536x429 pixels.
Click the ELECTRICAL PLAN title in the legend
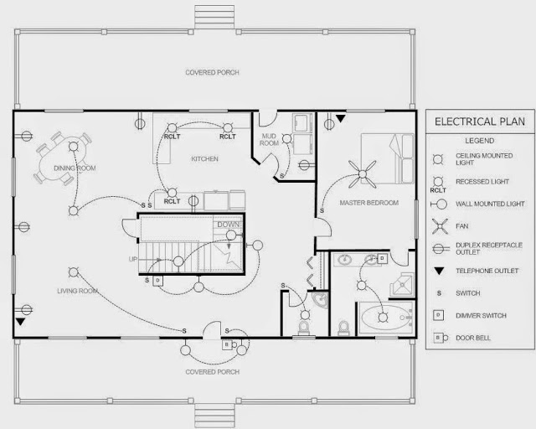[x=480, y=121]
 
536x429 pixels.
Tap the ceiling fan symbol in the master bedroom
[x=363, y=175]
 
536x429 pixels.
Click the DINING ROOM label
[x=75, y=168]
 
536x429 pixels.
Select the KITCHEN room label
[x=204, y=158]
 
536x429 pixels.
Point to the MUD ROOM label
[x=270, y=138]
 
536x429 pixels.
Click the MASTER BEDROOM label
[x=368, y=203]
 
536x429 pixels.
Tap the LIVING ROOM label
[x=78, y=291]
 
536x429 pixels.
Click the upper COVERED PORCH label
[x=212, y=73]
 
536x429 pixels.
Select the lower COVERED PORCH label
[x=212, y=371]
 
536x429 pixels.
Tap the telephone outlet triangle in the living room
[x=21, y=321]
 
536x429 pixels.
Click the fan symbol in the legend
[x=437, y=225]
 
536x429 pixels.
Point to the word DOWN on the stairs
[x=228, y=225]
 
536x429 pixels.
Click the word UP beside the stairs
[x=132, y=259]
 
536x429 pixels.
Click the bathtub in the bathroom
[x=386, y=318]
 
